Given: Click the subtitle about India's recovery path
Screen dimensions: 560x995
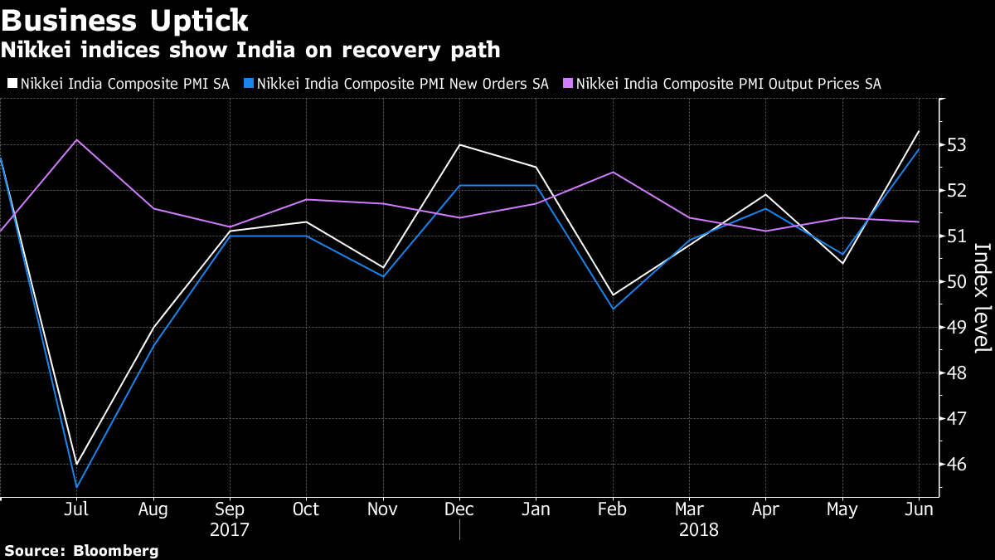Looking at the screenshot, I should (x=250, y=51).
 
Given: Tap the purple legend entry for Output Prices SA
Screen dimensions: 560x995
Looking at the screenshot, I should (x=721, y=84).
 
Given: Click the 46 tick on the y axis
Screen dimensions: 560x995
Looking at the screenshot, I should (x=957, y=465).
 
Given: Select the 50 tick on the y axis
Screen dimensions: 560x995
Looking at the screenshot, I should (x=957, y=282).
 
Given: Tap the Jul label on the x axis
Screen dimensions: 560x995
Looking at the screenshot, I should (x=76, y=509).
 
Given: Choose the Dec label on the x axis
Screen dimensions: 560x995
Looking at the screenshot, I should (x=459, y=509).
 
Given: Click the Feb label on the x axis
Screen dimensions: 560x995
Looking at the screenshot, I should (x=613, y=509).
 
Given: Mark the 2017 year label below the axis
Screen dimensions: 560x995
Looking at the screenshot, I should (x=230, y=530).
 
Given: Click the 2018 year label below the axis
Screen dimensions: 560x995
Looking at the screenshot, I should (x=697, y=530).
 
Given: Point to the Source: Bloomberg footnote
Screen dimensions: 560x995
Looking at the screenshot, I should (x=80, y=550).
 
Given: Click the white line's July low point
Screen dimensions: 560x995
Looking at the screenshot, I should (x=76, y=464).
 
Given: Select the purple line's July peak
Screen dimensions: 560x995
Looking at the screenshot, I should (x=76, y=139).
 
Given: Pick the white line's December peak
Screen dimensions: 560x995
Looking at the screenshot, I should (x=459, y=145).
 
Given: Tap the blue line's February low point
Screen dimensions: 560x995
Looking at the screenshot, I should (x=613, y=309).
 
